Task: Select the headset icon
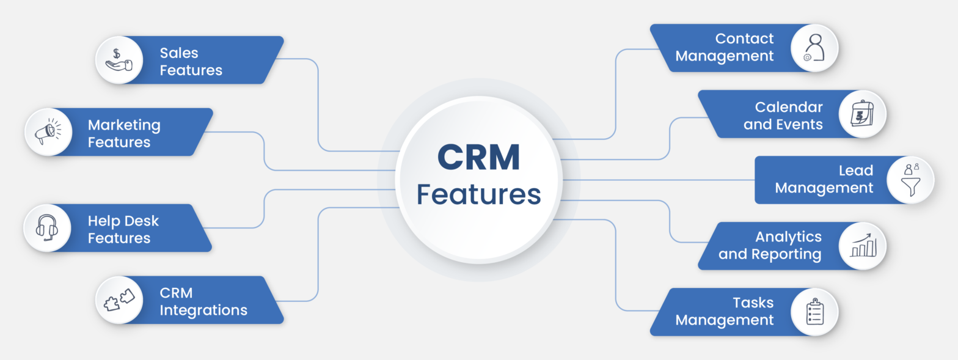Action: [x=47, y=228]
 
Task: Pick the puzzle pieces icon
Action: [x=119, y=299]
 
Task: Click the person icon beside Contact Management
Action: [x=814, y=48]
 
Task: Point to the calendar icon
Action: [x=861, y=114]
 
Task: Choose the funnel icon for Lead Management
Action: [x=910, y=180]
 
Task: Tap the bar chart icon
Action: [x=863, y=245]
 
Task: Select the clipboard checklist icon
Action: [x=815, y=312]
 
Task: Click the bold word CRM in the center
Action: [x=478, y=157]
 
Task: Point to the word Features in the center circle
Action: [x=478, y=194]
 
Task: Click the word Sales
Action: [x=179, y=53]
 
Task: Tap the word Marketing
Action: [x=124, y=125]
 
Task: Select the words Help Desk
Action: [x=123, y=221]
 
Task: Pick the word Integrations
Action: [x=203, y=310]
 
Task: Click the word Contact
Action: [x=744, y=39]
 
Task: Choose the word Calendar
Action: [x=789, y=107]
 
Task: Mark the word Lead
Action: [x=855, y=171]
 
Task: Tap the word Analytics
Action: [x=788, y=237]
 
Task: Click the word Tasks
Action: [x=753, y=303]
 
